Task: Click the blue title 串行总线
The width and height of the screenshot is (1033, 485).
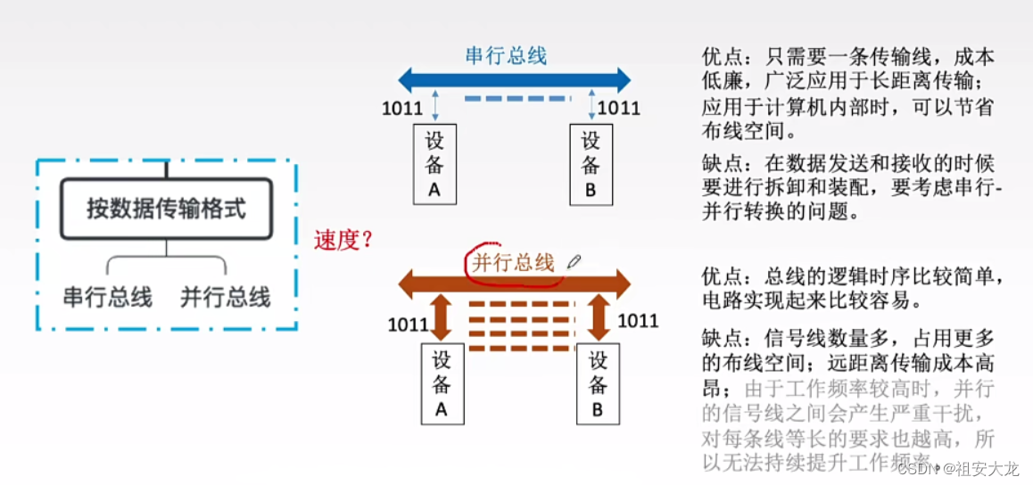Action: click(x=506, y=55)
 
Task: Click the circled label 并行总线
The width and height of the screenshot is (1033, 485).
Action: click(x=513, y=262)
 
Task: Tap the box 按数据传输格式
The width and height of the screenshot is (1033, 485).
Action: click(x=166, y=210)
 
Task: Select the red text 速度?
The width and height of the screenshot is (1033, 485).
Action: click(x=343, y=240)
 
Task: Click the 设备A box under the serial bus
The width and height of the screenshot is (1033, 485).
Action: click(x=435, y=163)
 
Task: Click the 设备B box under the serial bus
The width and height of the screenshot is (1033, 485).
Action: click(x=591, y=163)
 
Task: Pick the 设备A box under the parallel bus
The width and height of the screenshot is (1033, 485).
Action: click(x=442, y=383)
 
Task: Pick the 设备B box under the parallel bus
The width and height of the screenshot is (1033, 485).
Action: click(x=598, y=383)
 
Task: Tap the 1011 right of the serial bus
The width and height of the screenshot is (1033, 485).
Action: click(x=619, y=109)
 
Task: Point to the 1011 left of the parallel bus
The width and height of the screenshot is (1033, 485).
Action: click(x=409, y=324)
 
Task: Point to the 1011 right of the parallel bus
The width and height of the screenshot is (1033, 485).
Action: click(x=638, y=320)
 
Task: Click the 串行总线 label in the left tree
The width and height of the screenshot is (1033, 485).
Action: click(x=107, y=297)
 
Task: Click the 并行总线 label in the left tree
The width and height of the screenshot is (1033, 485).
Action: click(x=226, y=297)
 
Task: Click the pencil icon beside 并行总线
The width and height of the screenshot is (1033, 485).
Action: click(x=573, y=261)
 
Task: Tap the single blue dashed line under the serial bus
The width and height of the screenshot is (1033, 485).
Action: click(x=516, y=98)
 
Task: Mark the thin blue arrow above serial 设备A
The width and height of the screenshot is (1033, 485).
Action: click(x=435, y=104)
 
